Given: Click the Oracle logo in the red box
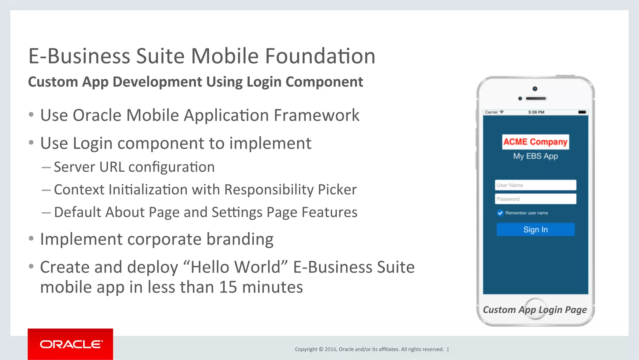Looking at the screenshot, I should (71, 344).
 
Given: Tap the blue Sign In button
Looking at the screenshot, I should (535, 229).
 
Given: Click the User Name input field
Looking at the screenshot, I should (535, 185).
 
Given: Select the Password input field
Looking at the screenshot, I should (535, 199).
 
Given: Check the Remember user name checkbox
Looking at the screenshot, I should (500, 213).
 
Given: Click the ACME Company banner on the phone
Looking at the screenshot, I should (535, 142).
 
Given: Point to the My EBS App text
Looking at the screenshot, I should (535, 156).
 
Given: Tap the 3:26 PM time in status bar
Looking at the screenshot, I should (536, 112).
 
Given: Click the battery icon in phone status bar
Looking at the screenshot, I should (582, 112).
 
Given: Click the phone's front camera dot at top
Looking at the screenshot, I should (535, 89).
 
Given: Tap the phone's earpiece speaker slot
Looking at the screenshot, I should (536, 98).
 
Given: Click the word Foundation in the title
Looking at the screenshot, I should (320, 56).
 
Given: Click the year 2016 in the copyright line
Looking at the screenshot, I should (330, 349).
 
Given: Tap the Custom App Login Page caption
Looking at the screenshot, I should (535, 310).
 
